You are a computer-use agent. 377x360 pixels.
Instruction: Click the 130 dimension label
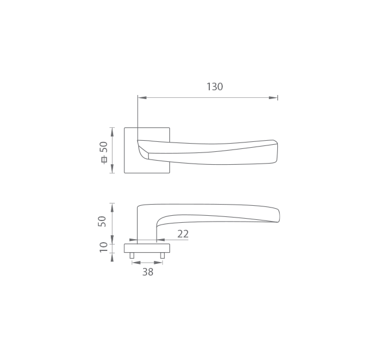[x=215, y=87]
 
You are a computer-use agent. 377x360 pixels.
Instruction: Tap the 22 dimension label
[x=183, y=234]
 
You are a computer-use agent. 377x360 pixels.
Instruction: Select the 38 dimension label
[x=148, y=272]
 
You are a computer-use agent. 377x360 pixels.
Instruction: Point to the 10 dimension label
[x=103, y=247]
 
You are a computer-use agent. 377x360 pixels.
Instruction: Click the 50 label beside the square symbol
[x=104, y=147]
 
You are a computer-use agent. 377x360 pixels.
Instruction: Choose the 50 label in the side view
[x=102, y=221]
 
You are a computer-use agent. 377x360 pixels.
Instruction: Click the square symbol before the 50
[x=104, y=159]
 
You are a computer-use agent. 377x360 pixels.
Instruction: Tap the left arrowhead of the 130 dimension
[x=142, y=98]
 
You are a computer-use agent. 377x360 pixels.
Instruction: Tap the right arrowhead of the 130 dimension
[x=273, y=98]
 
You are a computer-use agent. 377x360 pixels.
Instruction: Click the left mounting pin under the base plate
[x=132, y=256]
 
